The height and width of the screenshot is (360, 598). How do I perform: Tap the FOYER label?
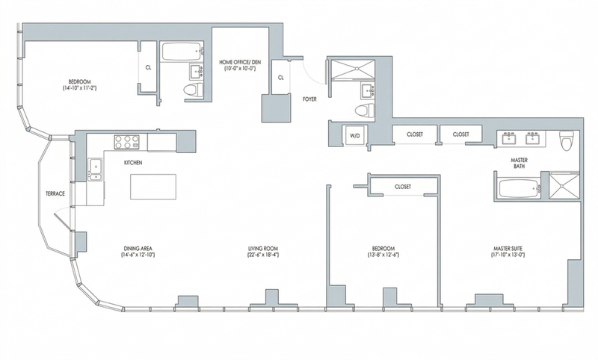click(x=309, y=99)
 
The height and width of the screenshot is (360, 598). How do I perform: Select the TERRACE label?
click(x=55, y=193)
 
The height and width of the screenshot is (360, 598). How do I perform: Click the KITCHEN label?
click(x=133, y=163)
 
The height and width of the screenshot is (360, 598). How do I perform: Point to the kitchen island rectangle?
click(x=153, y=187)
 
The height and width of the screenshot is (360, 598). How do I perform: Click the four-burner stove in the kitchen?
click(x=126, y=142)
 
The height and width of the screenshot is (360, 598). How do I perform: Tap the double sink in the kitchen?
click(x=95, y=169)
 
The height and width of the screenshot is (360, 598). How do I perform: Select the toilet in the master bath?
click(x=566, y=140)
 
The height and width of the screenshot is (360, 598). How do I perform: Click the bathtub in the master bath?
click(x=520, y=188)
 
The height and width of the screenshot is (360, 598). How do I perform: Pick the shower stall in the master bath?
click(x=564, y=185)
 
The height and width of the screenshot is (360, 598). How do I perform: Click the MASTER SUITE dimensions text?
click(x=508, y=255)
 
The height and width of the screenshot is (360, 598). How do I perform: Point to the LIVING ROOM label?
click(x=263, y=249)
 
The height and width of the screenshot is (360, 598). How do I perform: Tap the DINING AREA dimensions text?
click(x=138, y=255)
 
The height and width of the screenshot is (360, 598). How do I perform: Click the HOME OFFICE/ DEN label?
click(x=240, y=62)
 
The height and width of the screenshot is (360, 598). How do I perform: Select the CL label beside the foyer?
click(x=281, y=78)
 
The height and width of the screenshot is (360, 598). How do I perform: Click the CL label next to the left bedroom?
click(x=148, y=68)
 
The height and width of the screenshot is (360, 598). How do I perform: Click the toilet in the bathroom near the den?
click(x=193, y=90)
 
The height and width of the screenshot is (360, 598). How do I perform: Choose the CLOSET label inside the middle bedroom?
click(x=403, y=187)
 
